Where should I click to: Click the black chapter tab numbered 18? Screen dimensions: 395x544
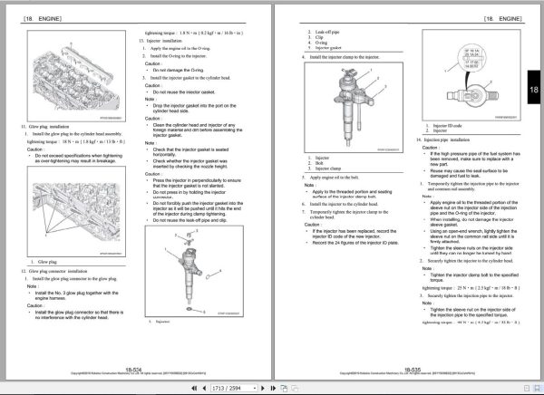pyautogui.click(x=533, y=92)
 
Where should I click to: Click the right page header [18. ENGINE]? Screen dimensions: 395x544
pyautogui.click(x=498, y=18)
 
